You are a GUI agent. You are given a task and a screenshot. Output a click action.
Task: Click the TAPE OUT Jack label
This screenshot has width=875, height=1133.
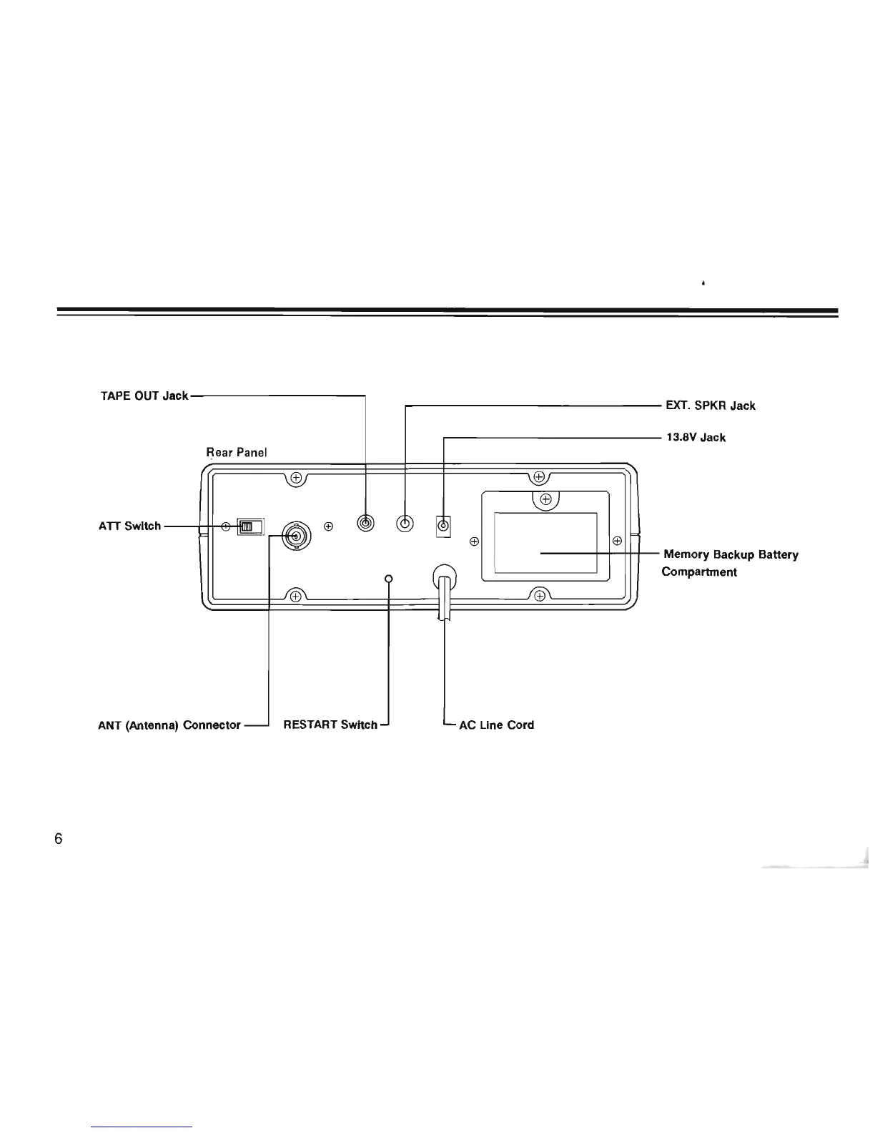pyautogui.click(x=144, y=396)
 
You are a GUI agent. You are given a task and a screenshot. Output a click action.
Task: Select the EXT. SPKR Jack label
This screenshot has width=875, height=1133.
pyautogui.click(x=710, y=406)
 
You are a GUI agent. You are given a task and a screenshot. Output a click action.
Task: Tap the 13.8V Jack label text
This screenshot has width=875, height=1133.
pyautogui.click(x=696, y=437)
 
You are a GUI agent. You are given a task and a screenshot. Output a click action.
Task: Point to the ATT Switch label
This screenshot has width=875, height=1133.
pyautogui.click(x=129, y=526)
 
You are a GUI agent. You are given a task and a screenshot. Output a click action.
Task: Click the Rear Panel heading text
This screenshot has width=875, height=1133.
pyautogui.click(x=236, y=452)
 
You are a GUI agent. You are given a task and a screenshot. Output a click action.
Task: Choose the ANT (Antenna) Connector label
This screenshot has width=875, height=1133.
pyautogui.click(x=169, y=725)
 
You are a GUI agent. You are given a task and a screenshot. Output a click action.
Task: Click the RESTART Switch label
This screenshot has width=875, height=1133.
pyautogui.click(x=330, y=725)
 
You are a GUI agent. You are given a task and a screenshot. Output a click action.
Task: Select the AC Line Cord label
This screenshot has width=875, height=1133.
pyautogui.click(x=496, y=725)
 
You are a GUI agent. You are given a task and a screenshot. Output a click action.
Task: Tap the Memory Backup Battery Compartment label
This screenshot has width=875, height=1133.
pyautogui.click(x=730, y=563)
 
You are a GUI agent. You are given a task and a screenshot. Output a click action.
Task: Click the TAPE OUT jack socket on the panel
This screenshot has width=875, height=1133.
pyautogui.click(x=366, y=524)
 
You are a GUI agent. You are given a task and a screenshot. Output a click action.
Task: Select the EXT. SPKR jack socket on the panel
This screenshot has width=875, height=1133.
pyautogui.click(x=405, y=524)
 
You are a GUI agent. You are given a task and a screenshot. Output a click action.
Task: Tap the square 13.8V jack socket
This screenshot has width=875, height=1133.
pyautogui.click(x=443, y=527)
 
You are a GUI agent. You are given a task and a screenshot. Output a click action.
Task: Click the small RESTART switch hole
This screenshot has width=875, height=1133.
pyautogui.click(x=388, y=578)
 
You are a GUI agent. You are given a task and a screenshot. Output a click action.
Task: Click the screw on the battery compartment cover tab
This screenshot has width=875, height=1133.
pyautogui.click(x=545, y=499)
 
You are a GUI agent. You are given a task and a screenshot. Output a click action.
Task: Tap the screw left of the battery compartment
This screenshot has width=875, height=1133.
pyautogui.click(x=473, y=541)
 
